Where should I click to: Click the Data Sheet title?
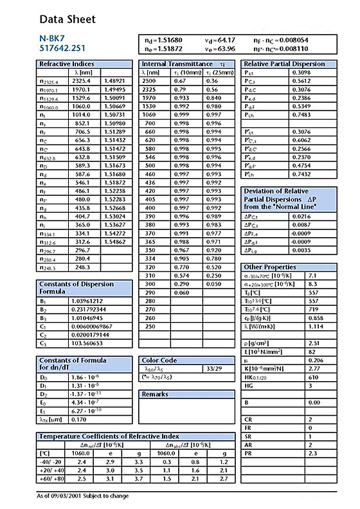coord(66,19)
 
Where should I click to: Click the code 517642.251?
coord(62,48)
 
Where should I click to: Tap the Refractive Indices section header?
coord(66,64)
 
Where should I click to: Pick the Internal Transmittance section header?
coord(177,64)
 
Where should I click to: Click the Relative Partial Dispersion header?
coord(285,64)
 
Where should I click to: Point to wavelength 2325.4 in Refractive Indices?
coord(82,81)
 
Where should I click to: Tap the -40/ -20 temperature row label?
coord(50,461)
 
